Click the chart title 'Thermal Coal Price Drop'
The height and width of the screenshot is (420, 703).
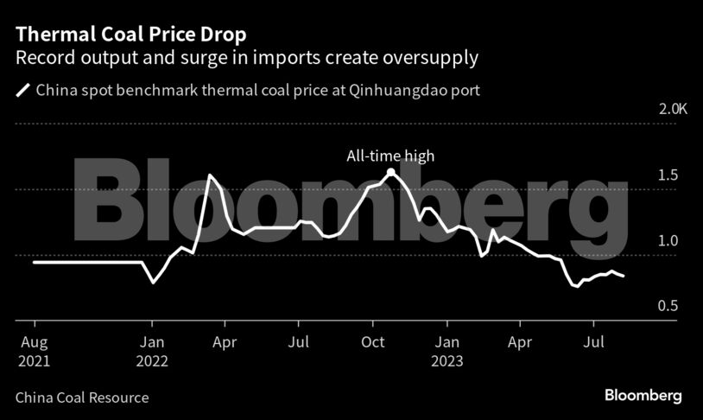pyautogui.click(x=130, y=35)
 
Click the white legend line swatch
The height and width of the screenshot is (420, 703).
pyautogui.click(x=22, y=89)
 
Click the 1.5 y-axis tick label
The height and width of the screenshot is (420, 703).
pyautogui.click(x=668, y=175)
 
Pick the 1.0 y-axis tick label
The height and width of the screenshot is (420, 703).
pyautogui.click(x=668, y=241)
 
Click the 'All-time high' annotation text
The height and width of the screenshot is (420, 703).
pyautogui.click(x=390, y=156)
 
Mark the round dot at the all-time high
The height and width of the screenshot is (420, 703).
pyautogui.click(x=390, y=172)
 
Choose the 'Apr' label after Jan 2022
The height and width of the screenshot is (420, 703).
pyautogui.click(x=225, y=343)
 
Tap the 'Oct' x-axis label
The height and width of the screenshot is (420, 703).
pyautogui.click(x=373, y=343)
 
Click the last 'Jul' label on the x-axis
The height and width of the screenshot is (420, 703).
pyautogui.click(x=593, y=343)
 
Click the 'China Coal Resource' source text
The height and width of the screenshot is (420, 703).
pyautogui.click(x=82, y=398)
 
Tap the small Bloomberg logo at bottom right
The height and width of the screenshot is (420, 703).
pyautogui.click(x=643, y=396)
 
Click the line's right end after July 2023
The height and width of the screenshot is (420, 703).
pyautogui.click(x=624, y=276)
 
